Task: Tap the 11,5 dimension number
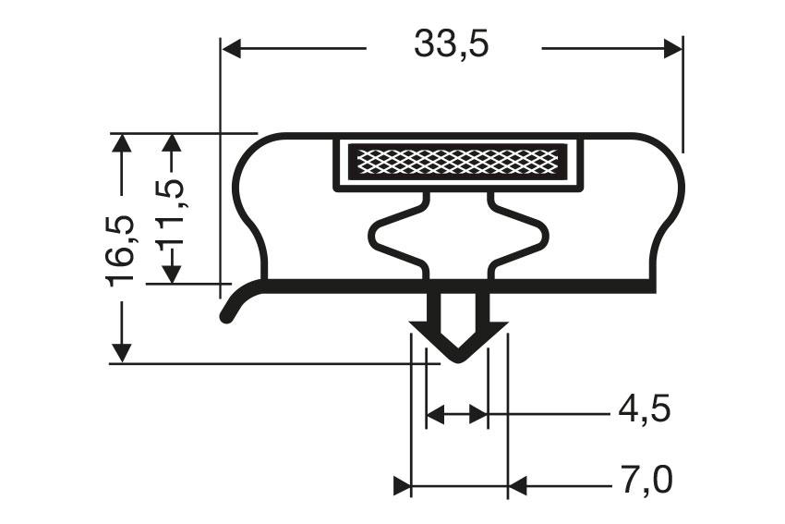[x=171, y=218]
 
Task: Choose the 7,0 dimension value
[x=644, y=481]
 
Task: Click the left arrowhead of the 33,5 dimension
[x=232, y=49]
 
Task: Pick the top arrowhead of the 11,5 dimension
[x=172, y=142]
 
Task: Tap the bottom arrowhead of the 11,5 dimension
[x=172, y=274]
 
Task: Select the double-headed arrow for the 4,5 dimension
[x=456, y=415]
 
